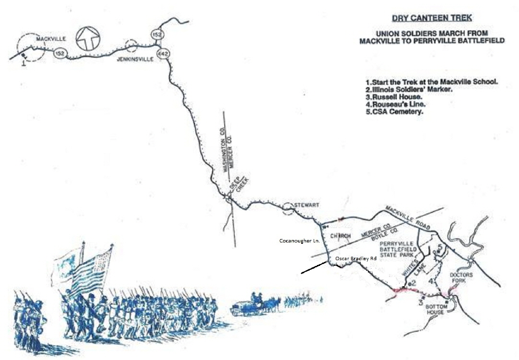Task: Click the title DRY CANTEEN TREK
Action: click(432, 19)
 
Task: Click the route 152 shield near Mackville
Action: click(59, 53)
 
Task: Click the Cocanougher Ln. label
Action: click(300, 240)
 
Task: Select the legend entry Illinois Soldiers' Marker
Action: click(408, 89)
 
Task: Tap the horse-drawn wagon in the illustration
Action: click(254, 305)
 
